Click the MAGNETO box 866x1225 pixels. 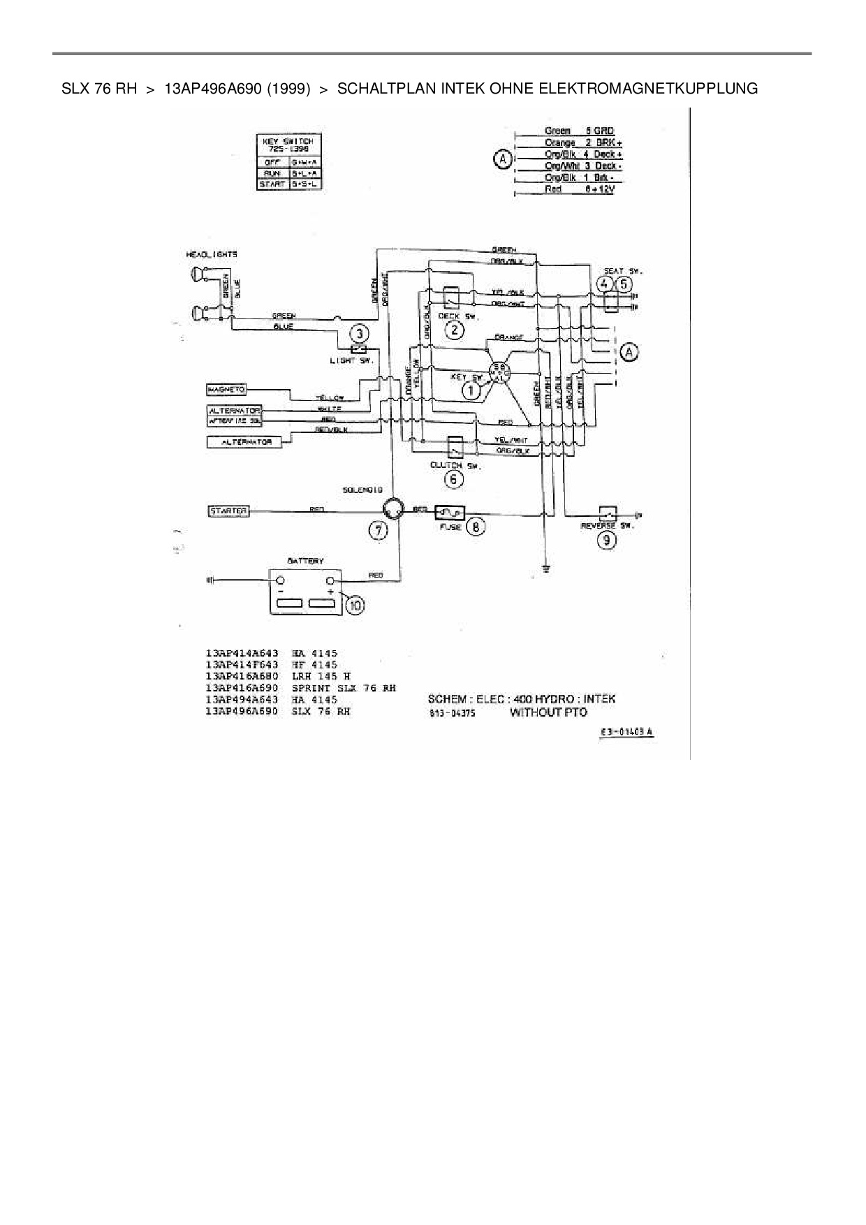227,389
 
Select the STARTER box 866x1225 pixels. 229,511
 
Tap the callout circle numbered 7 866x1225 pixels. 378,531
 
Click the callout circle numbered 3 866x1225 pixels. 359,334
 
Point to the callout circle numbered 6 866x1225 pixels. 454,479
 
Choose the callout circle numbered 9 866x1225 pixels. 606,539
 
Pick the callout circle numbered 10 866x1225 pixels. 355,605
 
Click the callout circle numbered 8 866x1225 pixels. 476,526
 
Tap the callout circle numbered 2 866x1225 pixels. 454,330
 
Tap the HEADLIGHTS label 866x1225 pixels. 212,255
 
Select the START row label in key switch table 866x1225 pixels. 272,184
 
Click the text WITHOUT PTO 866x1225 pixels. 548,712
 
